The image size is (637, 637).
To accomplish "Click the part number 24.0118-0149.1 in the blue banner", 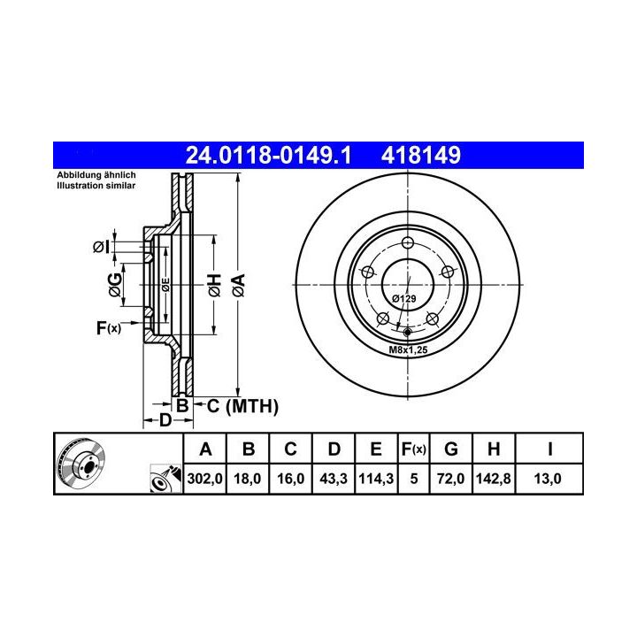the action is pos(268,155).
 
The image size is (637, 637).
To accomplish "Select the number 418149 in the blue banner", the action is pos(421,155).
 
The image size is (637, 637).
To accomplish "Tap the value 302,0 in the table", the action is pos(204,479).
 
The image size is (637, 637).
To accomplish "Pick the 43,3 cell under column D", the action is pos(334,479).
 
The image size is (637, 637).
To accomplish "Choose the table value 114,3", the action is pos(376,479).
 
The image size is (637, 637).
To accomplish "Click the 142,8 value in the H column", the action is pos(493,479).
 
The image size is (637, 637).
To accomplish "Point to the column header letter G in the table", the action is pos(451,449).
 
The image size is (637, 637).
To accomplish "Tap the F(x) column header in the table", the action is pos(413,449).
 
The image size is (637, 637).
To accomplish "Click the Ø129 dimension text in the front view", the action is pos(403,299).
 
